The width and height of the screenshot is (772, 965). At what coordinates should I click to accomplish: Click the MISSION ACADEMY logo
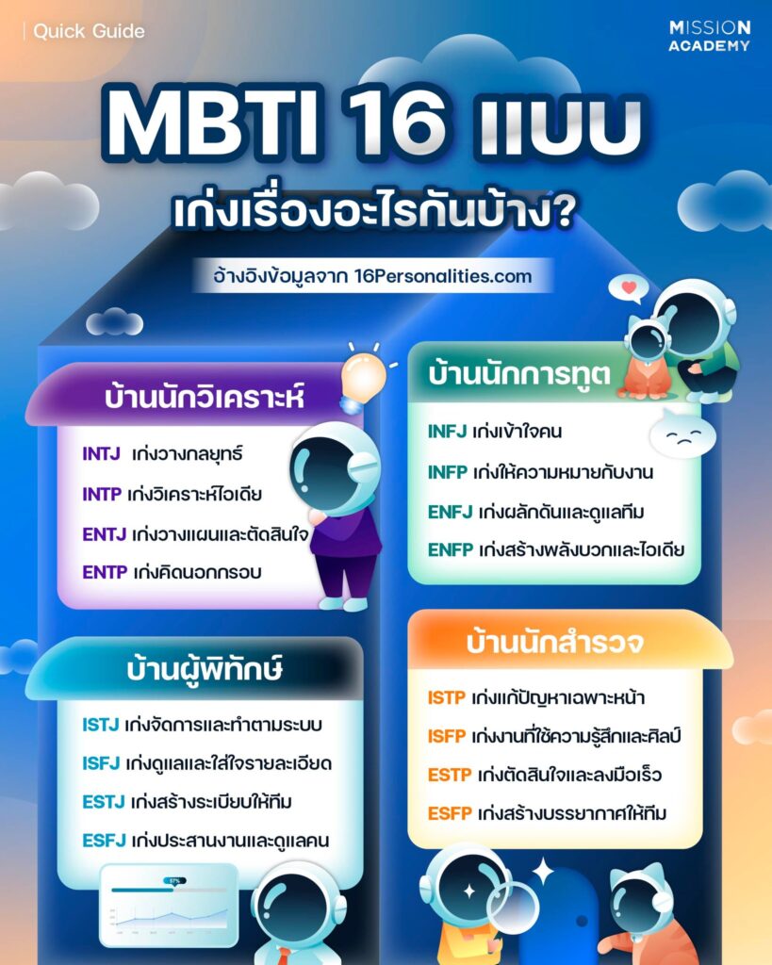point(709,36)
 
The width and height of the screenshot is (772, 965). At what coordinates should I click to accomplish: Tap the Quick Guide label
point(89,31)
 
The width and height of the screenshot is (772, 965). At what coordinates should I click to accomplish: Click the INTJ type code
point(101,453)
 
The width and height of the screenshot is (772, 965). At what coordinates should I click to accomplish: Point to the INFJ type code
point(447,433)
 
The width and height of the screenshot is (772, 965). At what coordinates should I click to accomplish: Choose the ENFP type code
point(449,549)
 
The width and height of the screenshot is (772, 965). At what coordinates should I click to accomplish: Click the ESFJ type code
point(102,841)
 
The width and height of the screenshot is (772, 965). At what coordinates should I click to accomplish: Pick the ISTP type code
point(446,698)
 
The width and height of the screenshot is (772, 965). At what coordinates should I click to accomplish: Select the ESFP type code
point(449,812)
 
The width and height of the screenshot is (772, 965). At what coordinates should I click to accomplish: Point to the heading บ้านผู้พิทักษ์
point(205,670)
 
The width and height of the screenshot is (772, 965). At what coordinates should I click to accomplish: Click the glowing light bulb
point(365,375)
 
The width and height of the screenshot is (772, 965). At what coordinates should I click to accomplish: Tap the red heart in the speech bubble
point(627,285)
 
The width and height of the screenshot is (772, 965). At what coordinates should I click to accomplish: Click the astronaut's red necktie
point(283,953)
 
